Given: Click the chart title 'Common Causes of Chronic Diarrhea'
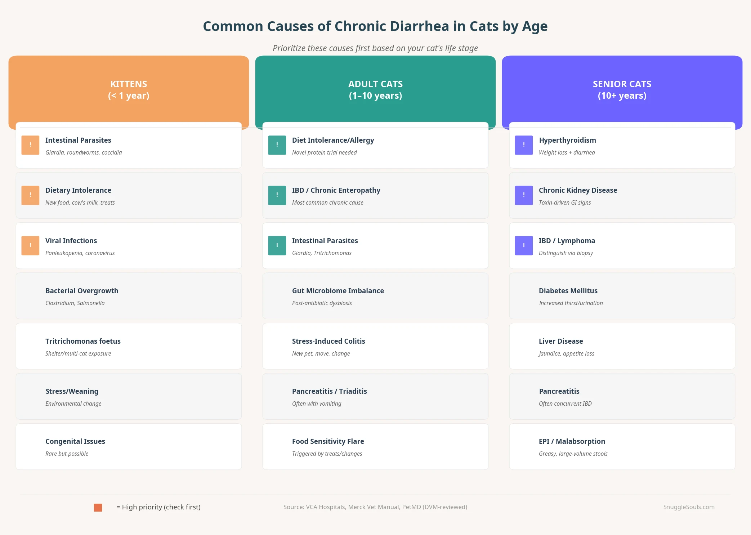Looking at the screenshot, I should (x=375, y=26).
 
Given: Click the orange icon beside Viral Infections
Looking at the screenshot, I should (x=30, y=246).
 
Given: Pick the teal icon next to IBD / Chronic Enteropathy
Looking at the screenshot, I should (x=277, y=195).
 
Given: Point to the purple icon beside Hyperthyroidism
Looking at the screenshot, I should (x=524, y=145).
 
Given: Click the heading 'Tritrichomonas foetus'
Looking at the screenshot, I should (x=83, y=341).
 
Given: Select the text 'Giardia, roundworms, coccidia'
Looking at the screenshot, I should (x=84, y=152).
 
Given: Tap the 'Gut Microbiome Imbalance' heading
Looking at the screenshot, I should (x=338, y=291).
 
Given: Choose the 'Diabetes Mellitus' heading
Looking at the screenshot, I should (x=568, y=291).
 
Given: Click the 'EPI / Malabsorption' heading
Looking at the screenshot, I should (x=572, y=441).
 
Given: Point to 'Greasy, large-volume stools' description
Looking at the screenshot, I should (x=573, y=454).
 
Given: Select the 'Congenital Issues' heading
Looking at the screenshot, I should (x=75, y=441).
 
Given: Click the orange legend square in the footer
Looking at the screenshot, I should (x=98, y=507).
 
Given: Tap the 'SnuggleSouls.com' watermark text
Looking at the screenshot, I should (x=689, y=507).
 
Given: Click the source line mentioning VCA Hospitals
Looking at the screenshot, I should (x=375, y=507).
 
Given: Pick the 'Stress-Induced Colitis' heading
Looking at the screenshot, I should (x=328, y=341).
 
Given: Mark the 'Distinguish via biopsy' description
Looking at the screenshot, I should (x=566, y=253).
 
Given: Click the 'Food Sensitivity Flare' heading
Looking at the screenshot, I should (x=328, y=441).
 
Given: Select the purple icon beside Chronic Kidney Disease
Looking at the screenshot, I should (x=524, y=195).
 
